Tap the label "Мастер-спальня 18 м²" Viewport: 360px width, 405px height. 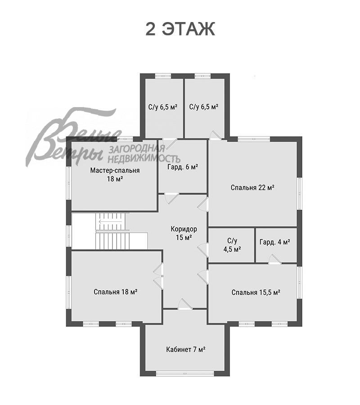click(x=115, y=175)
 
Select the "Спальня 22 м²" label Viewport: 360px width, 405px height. click(x=252, y=187)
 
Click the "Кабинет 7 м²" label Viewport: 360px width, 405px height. click(x=185, y=349)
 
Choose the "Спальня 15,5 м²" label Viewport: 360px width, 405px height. click(x=256, y=292)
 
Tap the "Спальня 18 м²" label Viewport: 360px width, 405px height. click(x=116, y=292)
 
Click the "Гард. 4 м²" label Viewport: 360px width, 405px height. click(x=274, y=242)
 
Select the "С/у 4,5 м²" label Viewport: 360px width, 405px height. click(x=232, y=245)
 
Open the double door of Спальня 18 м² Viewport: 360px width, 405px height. click(x=158, y=275)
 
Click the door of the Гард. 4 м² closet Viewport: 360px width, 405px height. click(x=274, y=258)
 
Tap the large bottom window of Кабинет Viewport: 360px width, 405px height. click(x=185, y=373)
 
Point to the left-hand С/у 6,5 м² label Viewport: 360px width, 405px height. click(x=162, y=107)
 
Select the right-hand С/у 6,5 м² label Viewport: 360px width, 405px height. click(x=204, y=107)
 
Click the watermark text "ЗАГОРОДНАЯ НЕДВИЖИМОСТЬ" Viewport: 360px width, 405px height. click(x=144, y=154)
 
